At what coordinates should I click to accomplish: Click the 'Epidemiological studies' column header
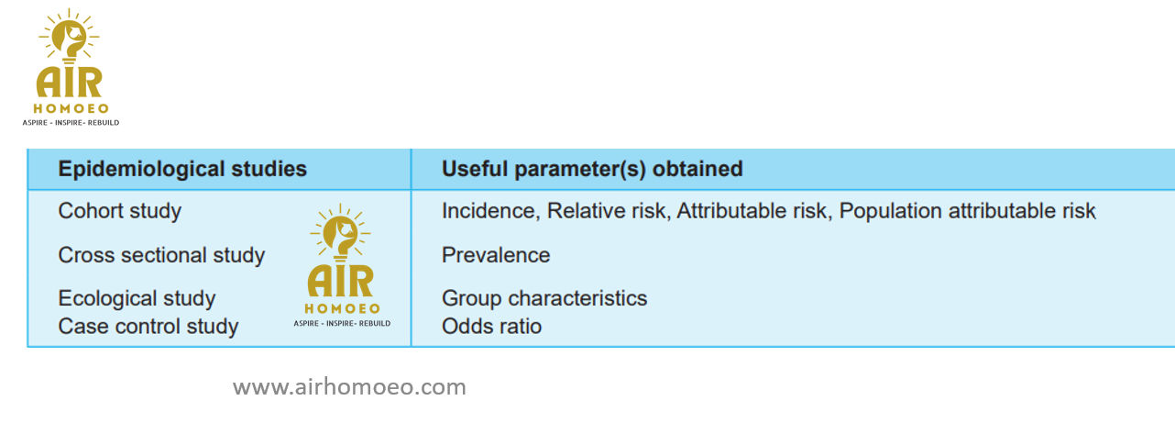click(182, 170)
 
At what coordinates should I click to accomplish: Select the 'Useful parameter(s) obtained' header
click(592, 170)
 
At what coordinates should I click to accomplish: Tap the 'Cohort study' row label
click(119, 211)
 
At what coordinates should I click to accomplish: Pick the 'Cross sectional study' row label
click(161, 255)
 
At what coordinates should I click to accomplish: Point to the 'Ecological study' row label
click(137, 298)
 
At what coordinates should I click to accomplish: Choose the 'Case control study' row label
click(148, 327)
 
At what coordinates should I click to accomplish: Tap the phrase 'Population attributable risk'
click(967, 211)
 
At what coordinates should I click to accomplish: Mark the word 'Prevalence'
click(496, 255)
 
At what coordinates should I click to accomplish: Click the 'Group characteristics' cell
click(544, 298)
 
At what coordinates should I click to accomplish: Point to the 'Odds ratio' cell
click(491, 327)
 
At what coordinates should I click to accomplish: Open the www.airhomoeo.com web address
click(349, 387)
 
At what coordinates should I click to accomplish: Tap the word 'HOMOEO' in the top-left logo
click(71, 109)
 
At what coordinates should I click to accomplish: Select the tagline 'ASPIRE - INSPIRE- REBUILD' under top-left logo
click(71, 123)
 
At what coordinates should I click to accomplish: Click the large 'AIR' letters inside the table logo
click(341, 282)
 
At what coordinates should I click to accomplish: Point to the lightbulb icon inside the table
click(340, 233)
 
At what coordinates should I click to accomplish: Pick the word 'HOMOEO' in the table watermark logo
click(342, 309)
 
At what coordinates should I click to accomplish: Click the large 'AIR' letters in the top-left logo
click(70, 83)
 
